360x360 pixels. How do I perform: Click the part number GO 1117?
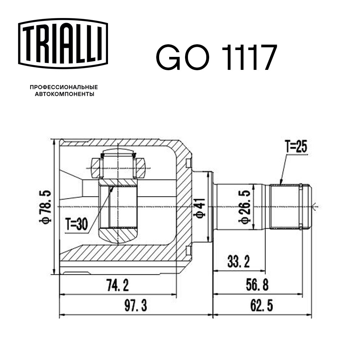(216, 58)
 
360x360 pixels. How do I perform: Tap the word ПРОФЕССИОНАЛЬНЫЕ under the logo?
(64, 87)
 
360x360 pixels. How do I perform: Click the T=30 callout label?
(76, 225)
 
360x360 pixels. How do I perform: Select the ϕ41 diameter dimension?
(200, 208)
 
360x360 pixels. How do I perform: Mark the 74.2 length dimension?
(117, 286)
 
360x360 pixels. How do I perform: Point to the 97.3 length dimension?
(136, 307)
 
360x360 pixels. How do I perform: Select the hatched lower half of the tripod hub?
(118, 235)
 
